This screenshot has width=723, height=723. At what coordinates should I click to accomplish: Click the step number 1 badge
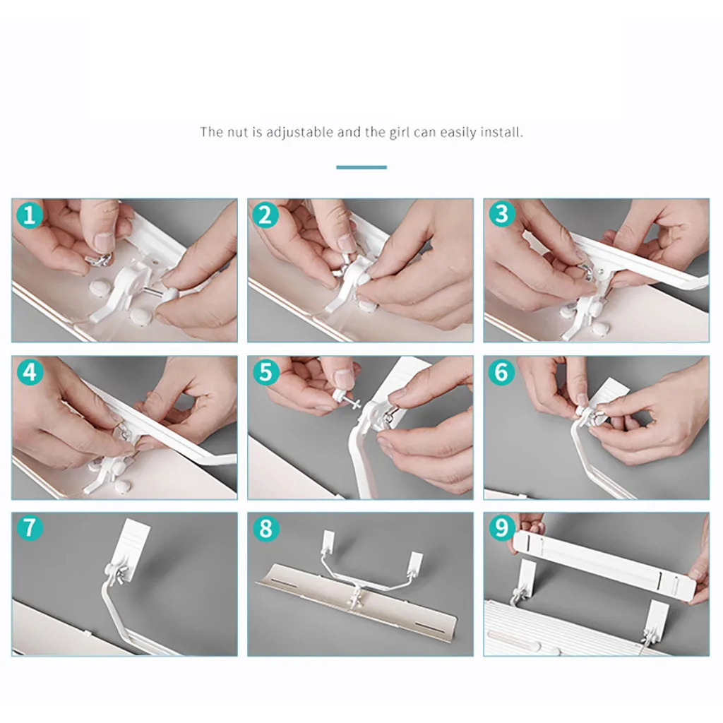tap(30, 215)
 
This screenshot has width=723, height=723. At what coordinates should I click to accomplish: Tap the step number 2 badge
tap(265, 215)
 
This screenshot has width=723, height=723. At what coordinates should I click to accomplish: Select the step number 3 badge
tap(502, 215)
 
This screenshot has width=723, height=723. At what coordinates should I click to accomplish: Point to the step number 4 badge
tap(30, 372)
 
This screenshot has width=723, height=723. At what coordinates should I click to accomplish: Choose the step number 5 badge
tap(266, 372)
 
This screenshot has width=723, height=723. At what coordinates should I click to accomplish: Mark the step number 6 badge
tap(501, 372)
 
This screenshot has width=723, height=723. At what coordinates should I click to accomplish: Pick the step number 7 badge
tap(30, 528)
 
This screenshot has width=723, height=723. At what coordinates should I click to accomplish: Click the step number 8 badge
tap(266, 528)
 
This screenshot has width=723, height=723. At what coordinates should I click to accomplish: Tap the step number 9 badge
tap(502, 528)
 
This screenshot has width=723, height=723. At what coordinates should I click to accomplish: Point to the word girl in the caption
tap(400, 133)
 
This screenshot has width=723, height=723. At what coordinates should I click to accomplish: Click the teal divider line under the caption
tap(361, 167)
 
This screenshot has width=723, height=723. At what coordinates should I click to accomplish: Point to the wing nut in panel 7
tap(121, 576)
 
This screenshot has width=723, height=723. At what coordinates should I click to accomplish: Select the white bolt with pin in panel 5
tap(346, 398)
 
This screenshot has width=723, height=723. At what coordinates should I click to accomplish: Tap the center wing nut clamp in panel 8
tap(356, 599)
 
